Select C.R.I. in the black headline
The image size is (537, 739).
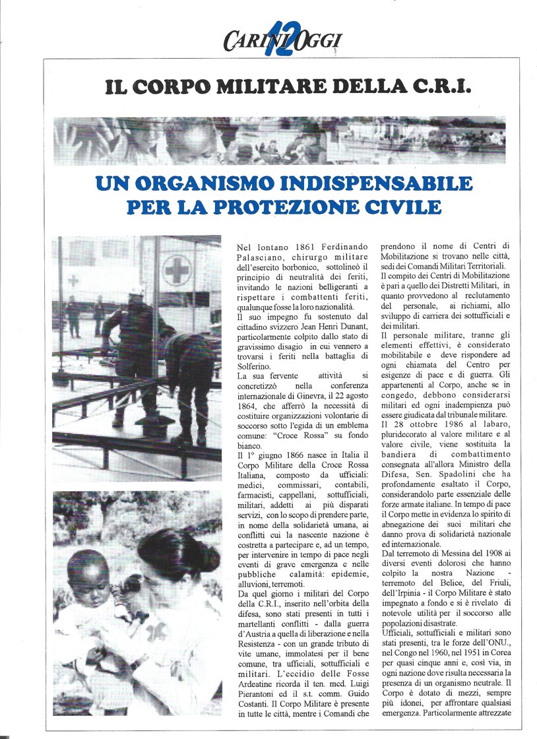(x=441, y=86)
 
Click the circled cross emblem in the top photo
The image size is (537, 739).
(x=176, y=271)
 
